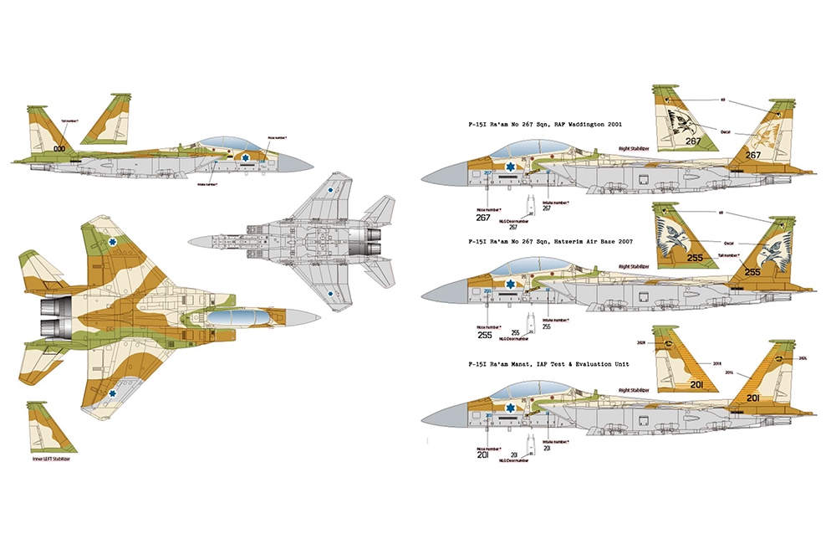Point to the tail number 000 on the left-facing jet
(x=59, y=148)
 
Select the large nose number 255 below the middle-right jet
(x=484, y=335)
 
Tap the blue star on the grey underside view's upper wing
(x=332, y=189)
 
